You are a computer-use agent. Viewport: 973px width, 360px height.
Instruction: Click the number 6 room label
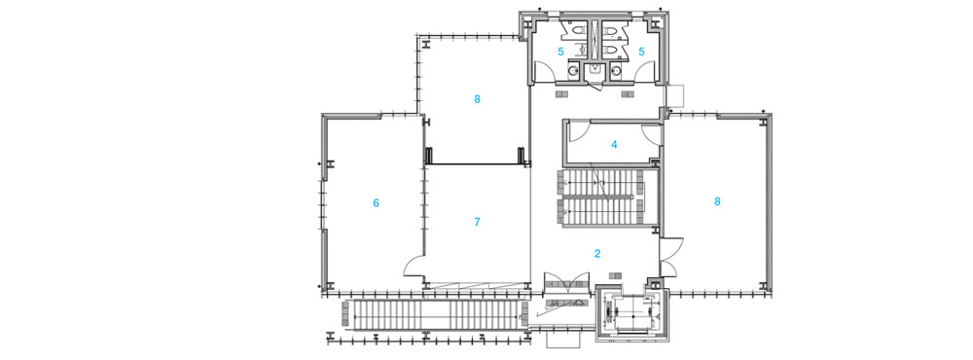(376, 202)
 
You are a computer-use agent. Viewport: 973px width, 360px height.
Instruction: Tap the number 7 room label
(477, 222)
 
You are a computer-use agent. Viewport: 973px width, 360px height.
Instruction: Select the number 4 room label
(614, 145)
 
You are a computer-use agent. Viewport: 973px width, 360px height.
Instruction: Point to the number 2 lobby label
(597, 253)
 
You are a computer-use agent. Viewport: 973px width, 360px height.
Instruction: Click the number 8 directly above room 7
(477, 98)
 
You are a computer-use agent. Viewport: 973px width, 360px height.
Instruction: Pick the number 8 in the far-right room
(717, 201)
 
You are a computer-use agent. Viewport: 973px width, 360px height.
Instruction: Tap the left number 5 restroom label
(561, 52)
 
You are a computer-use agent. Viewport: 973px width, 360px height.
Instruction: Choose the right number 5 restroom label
(643, 52)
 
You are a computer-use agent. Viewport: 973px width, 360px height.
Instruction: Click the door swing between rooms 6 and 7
(414, 267)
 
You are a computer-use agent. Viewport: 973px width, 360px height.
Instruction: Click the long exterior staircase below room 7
(433, 314)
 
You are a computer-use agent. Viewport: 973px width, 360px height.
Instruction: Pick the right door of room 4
(651, 133)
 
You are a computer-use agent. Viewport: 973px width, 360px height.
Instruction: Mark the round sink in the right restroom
(616, 71)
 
